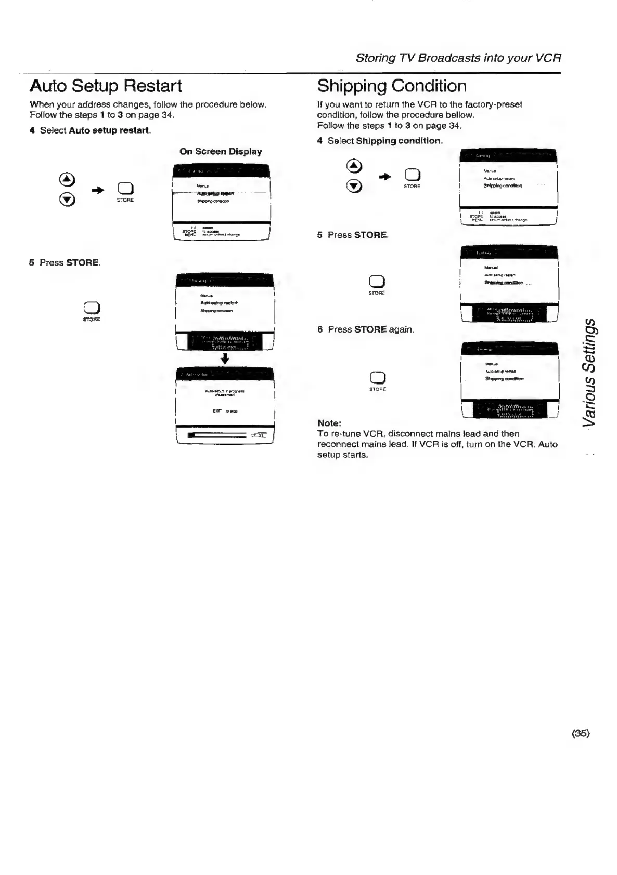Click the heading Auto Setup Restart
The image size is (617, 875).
point(106,86)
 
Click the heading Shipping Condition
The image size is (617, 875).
point(392,86)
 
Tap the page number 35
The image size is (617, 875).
point(581,733)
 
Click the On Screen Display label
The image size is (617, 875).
point(221,152)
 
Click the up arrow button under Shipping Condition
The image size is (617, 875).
point(354,166)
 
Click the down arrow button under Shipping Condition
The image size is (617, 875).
point(354,186)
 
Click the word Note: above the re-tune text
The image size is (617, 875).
point(329,423)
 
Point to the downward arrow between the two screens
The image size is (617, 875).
point(225,359)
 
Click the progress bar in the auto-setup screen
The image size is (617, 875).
point(217,435)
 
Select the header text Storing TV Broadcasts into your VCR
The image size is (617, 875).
point(458,58)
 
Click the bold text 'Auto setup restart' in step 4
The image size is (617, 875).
point(109,130)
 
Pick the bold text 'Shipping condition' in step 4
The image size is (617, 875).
point(399,141)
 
